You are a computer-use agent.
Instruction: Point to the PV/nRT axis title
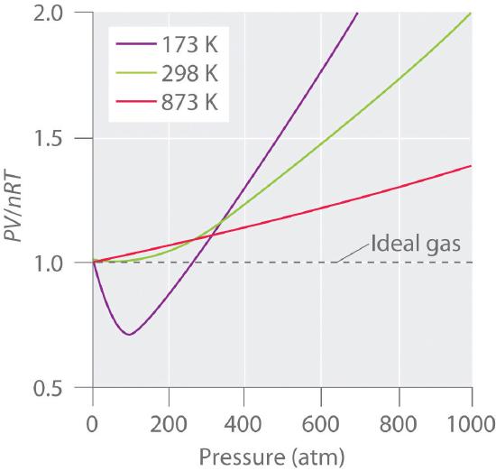tap(16, 201)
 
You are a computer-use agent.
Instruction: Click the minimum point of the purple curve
tap(130, 335)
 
